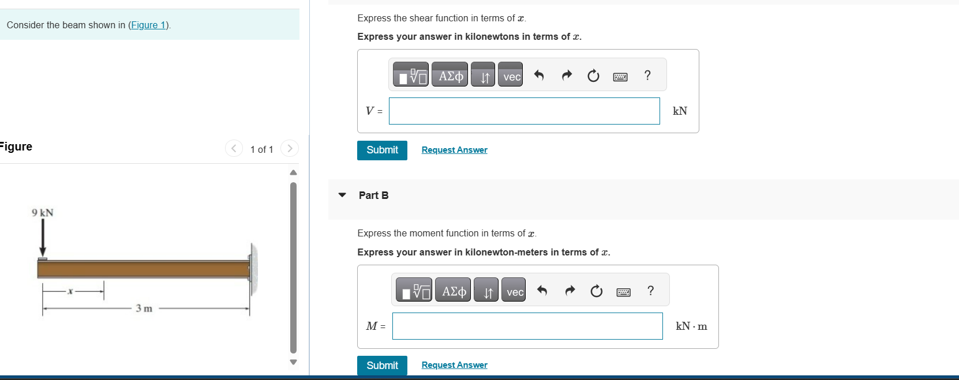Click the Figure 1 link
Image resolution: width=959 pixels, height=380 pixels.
click(149, 25)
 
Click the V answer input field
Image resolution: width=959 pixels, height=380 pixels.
click(524, 111)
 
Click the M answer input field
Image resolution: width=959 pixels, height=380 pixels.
click(527, 326)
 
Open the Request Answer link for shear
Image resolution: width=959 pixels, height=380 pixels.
click(454, 150)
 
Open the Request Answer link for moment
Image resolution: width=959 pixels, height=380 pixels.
click(454, 365)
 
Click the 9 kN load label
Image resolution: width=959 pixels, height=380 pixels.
click(43, 213)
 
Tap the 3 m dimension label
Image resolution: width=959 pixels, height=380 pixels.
click(144, 308)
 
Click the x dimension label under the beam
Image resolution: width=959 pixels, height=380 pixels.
click(70, 291)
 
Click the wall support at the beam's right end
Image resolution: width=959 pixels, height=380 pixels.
click(253, 269)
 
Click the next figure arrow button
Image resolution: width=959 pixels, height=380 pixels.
click(290, 149)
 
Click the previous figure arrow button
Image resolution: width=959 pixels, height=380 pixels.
click(233, 149)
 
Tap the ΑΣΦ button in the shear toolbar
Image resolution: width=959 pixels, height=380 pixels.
click(450, 76)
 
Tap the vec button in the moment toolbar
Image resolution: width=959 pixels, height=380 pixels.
click(515, 292)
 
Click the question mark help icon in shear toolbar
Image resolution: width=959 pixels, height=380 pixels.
click(647, 76)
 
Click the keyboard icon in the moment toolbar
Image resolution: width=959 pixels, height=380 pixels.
click(623, 292)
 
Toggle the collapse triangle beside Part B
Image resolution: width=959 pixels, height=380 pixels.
click(342, 195)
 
